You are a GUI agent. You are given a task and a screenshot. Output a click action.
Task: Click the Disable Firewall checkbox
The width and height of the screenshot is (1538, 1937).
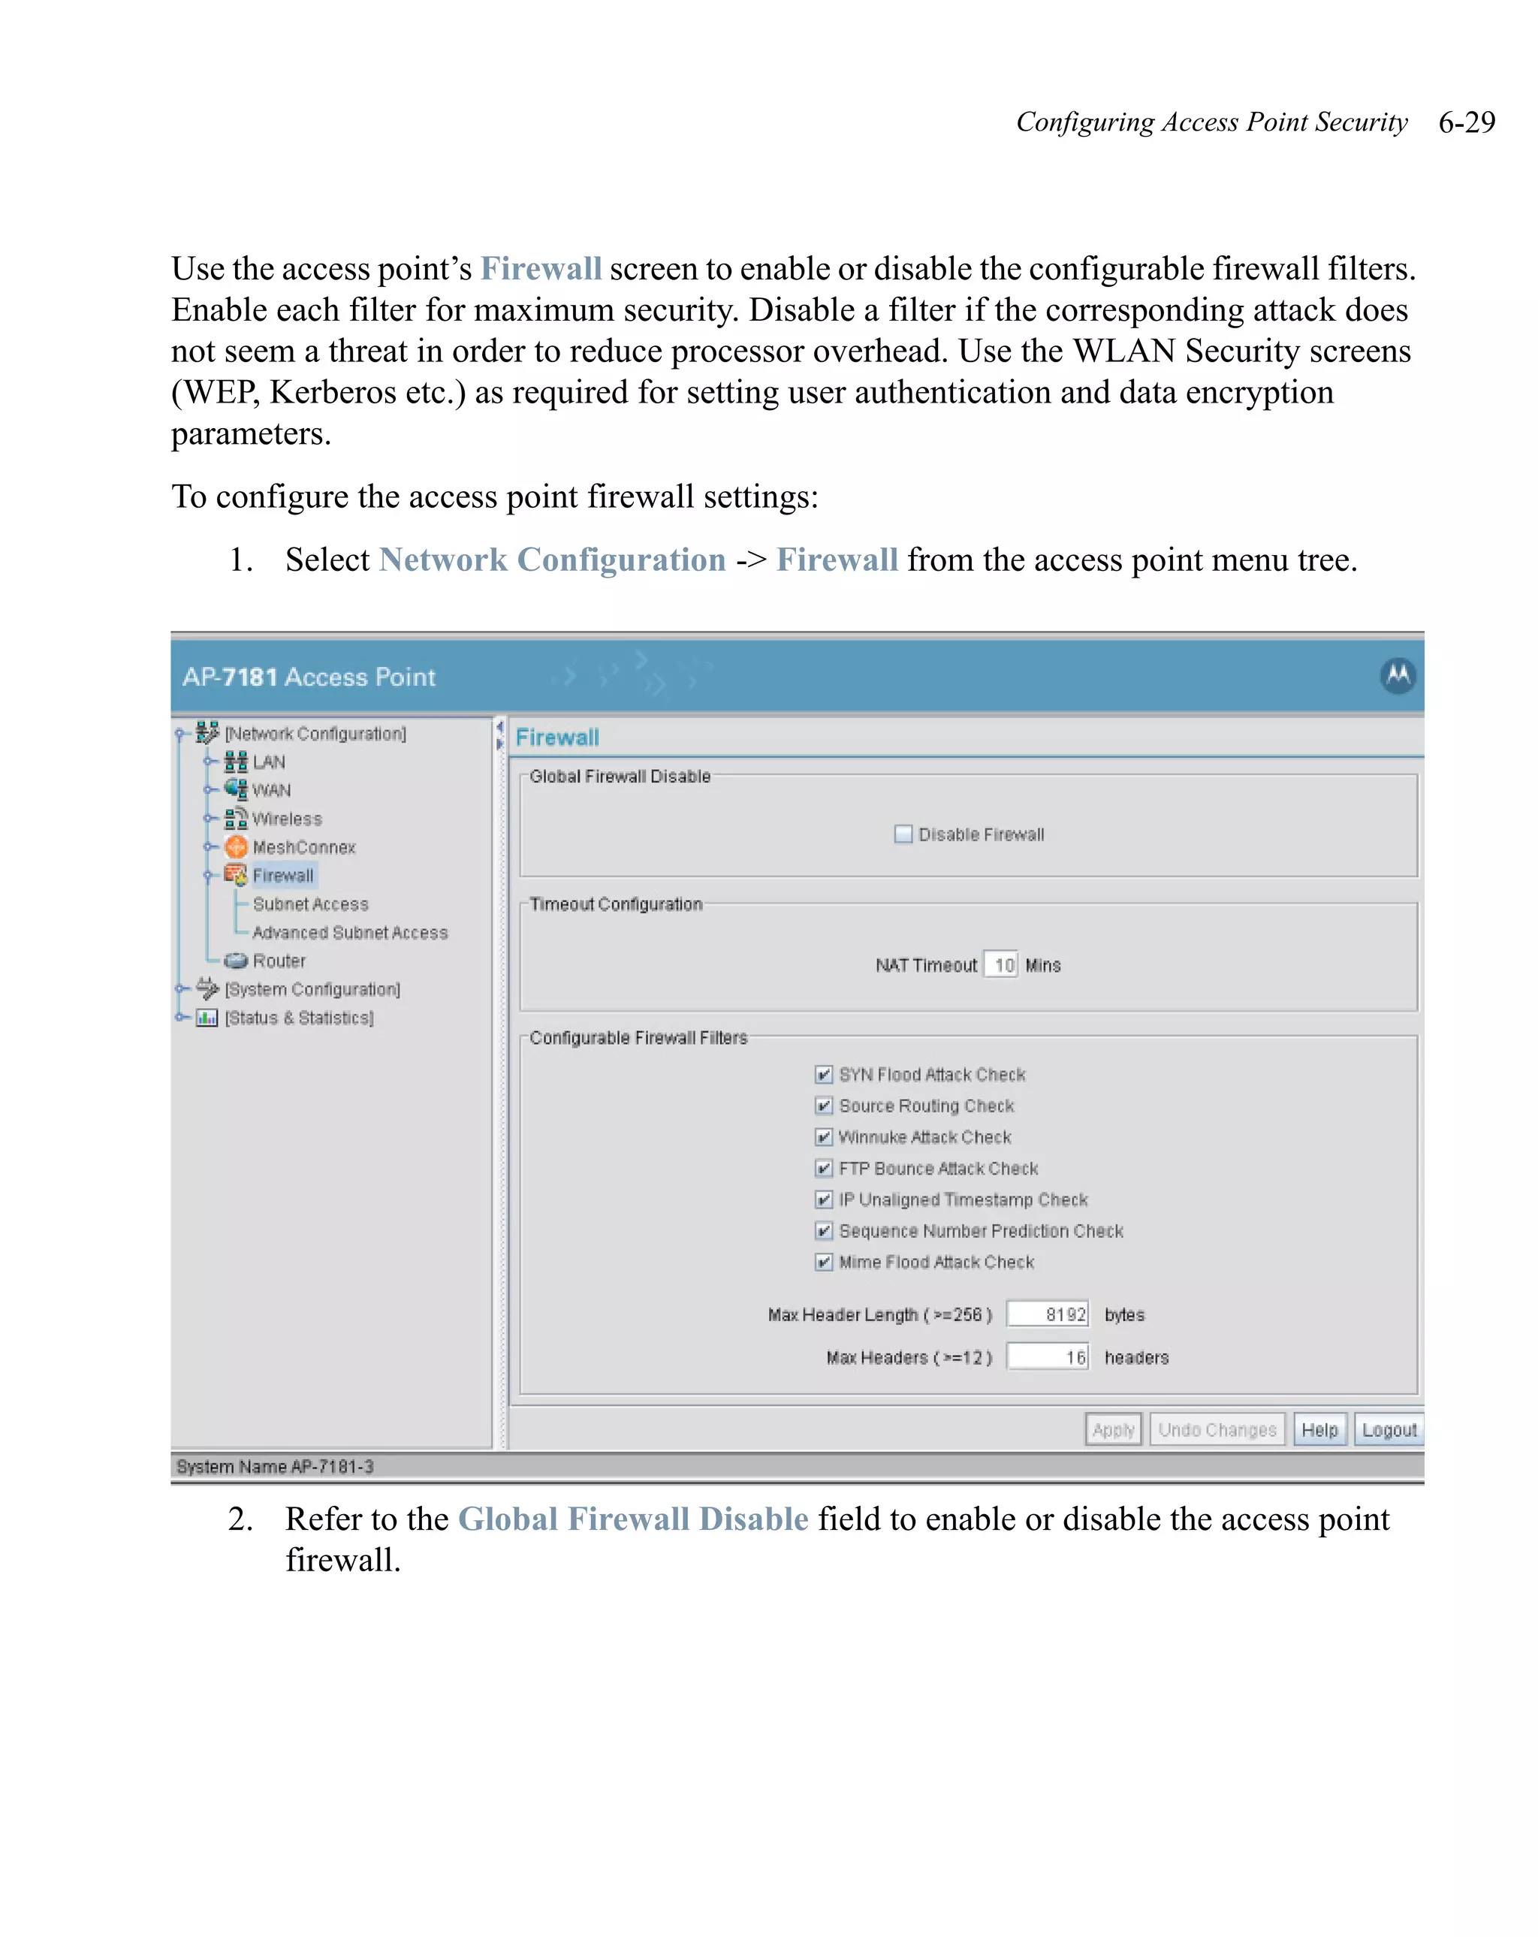click(903, 834)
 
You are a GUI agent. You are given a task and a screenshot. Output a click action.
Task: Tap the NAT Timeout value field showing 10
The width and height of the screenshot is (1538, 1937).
click(1001, 965)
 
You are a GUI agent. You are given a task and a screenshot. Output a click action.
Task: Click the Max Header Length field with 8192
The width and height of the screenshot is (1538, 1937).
click(1047, 1314)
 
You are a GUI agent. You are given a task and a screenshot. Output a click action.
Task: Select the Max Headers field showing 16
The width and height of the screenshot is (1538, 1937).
click(1047, 1356)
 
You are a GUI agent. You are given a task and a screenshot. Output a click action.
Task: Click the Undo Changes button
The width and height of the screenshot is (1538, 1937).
click(1217, 1429)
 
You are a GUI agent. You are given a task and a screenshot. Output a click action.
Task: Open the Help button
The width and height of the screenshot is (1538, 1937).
click(1319, 1429)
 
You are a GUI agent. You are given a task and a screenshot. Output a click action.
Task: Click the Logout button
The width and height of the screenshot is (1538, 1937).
click(1388, 1429)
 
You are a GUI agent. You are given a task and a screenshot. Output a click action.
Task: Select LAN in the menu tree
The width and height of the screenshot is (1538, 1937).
click(267, 762)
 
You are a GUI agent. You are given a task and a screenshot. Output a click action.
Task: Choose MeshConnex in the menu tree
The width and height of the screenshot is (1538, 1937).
click(303, 847)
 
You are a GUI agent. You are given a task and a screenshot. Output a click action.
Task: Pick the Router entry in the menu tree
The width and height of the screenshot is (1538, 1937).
click(279, 961)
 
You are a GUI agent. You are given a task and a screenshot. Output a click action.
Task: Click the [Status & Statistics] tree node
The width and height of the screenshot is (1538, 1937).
click(298, 1018)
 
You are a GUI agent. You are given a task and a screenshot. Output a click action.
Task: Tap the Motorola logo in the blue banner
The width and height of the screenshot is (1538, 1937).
click(1397, 676)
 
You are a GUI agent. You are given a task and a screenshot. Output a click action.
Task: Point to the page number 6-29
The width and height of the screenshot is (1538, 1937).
click(1466, 122)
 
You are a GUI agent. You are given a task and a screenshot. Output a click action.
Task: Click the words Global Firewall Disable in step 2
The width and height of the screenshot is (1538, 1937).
click(632, 1519)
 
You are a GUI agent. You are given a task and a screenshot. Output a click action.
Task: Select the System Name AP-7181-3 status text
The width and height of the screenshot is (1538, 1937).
click(275, 1466)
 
